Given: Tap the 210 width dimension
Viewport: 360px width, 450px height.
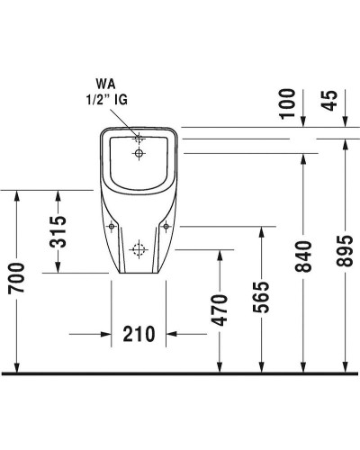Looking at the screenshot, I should (x=138, y=335).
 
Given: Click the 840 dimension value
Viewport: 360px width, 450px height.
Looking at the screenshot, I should (x=303, y=258).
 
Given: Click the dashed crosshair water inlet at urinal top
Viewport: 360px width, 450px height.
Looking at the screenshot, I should (x=139, y=139).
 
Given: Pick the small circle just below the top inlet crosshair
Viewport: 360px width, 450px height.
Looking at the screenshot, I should (x=139, y=154).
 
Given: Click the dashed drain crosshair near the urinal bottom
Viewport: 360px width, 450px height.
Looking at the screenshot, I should (x=139, y=249).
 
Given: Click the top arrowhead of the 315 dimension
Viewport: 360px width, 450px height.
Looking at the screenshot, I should (x=58, y=194).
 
